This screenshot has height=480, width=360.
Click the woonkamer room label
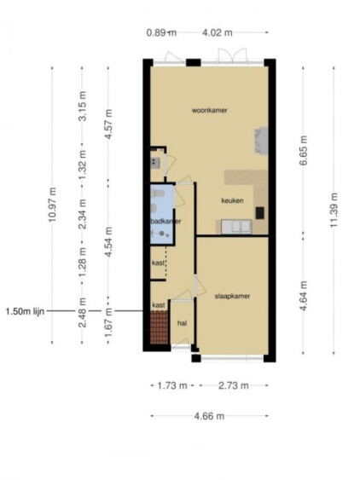point(209,110)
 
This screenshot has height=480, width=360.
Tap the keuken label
point(232,200)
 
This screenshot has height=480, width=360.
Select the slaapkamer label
point(232,296)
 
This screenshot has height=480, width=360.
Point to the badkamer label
point(165,221)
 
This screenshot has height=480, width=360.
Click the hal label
point(182,323)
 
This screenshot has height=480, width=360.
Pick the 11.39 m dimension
point(334,210)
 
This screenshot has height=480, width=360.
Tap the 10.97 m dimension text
point(52,205)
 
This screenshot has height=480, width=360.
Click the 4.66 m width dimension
point(209,416)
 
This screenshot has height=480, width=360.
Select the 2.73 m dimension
point(234,385)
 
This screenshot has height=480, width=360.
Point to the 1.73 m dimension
point(172,385)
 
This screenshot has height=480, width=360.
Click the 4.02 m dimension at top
point(218,32)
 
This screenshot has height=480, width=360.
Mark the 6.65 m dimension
point(303,150)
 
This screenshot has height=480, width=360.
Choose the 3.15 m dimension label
point(83,107)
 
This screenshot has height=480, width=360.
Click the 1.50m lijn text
point(25,312)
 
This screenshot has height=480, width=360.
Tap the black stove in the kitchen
point(260,213)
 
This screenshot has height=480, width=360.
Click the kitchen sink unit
point(236,227)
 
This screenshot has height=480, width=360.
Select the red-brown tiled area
point(160,327)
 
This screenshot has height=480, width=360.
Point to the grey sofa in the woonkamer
point(261,141)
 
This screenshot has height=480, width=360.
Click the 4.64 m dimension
point(303,296)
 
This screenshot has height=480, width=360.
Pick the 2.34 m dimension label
point(83,214)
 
